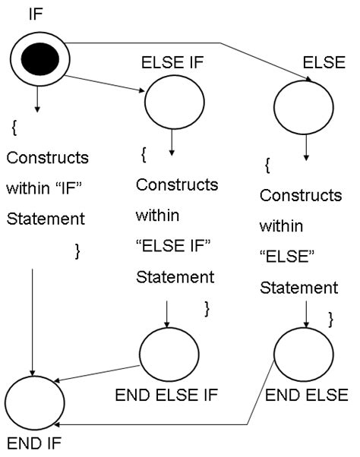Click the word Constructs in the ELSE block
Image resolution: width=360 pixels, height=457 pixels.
300,195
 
